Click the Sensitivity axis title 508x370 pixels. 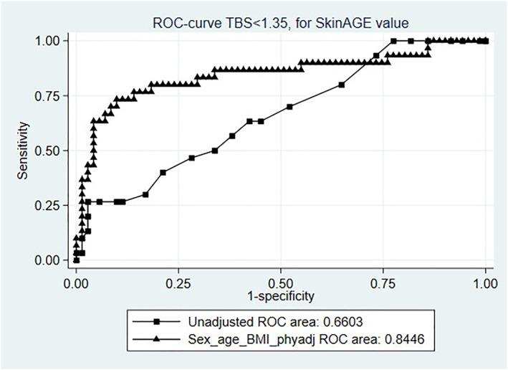pyautogui.click(x=24, y=151)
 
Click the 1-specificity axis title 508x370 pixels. pyautogui.click(x=281, y=295)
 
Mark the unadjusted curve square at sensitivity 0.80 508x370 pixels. pyautogui.click(x=342, y=85)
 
